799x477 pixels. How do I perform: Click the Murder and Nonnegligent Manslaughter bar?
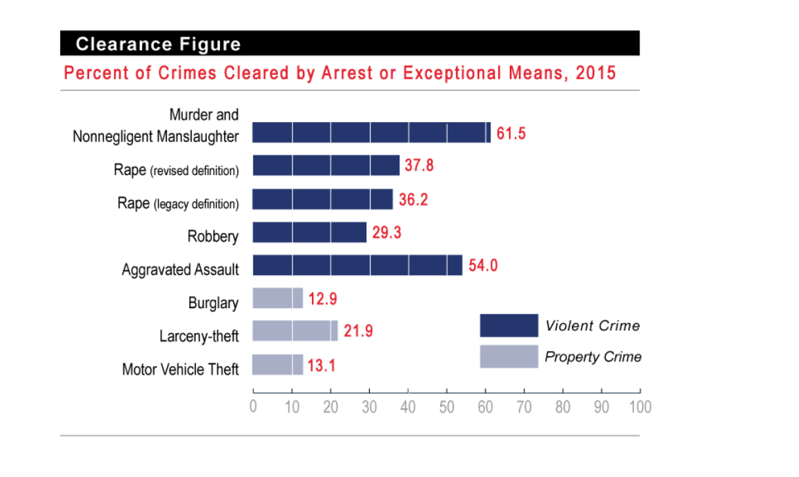click(x=371, y=132)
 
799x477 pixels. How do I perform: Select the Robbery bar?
click(x=309, y=232)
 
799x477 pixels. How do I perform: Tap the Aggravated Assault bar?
click(x=357, y=265)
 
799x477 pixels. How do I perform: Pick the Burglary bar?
click(x=277, y=298)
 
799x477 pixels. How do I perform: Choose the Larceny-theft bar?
click(x=295, y=331)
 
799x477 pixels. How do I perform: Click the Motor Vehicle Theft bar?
click(x=277, y=364)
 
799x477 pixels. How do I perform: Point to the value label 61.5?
click(x=511, y=134)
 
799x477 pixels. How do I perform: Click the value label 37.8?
click(x=420, y=166)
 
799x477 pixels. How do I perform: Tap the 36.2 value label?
click(x=413, y=200)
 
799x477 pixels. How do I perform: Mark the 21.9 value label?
click(x=358, y=332)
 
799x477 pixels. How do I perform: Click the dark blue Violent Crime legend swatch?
click(x=509, y=325)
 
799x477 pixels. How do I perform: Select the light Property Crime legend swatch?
click(x=509, y=356)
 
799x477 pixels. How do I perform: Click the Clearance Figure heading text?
click(x=158, y=45)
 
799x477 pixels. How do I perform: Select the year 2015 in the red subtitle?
click(x=594, y=73)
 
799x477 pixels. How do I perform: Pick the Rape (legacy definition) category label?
click(x=178, y=203)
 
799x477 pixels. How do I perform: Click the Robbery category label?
click(x=213, y=237)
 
